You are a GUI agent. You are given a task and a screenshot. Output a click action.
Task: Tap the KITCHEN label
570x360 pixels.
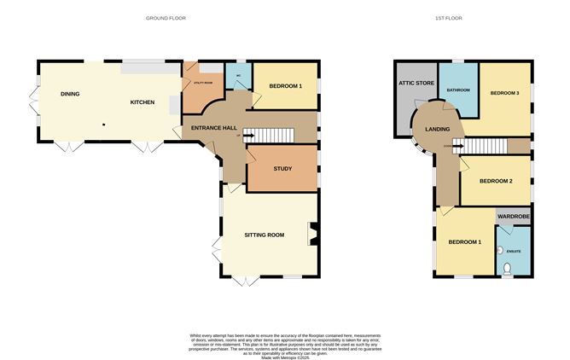[x=142, y=102]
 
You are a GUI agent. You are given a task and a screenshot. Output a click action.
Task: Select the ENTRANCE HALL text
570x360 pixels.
[x=214, y=128]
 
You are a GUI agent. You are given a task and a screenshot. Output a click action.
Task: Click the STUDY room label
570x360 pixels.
[x=282, y=168]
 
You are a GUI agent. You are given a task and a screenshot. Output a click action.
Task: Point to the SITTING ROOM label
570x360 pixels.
[x=265, y=234]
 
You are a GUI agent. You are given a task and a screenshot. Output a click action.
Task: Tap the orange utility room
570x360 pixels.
[x=203, y=84]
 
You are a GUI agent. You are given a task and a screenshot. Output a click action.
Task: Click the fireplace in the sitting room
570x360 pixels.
[x=313, y=231]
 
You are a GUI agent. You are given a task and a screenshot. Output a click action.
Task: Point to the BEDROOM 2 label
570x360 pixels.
[x=496, y=181]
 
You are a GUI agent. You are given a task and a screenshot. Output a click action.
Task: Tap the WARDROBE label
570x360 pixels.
[x=514, y=218]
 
